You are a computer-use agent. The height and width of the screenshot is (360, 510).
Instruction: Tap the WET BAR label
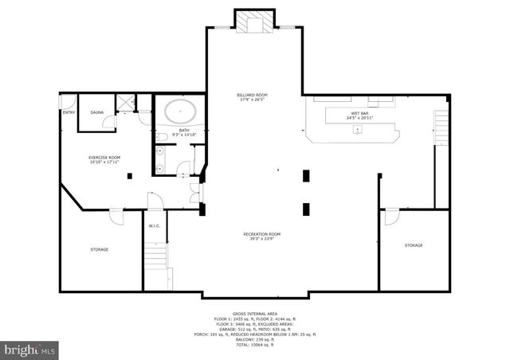360,115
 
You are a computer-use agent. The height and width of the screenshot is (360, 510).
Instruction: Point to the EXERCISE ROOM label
104,159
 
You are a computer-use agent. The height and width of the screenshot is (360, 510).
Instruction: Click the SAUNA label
97,113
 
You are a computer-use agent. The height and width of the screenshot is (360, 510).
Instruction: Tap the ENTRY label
69,113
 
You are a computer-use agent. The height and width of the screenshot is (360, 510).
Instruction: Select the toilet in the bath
160,139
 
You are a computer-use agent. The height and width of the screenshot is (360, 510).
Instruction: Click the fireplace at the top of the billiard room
254,22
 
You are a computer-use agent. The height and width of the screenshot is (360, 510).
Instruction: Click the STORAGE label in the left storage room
99,249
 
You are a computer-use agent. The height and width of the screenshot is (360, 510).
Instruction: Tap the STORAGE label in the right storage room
413,245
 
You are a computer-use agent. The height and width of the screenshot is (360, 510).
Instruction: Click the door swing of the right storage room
391,216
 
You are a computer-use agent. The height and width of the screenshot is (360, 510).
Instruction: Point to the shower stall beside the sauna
125,102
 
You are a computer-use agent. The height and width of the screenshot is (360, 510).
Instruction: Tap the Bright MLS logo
30,349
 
